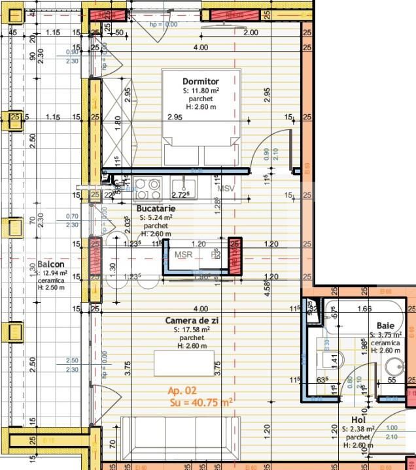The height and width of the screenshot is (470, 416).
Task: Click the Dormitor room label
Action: (x=201, y=81)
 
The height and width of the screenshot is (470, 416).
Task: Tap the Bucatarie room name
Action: (x=157, y=208)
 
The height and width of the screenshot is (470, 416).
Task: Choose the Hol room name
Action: (x=358, y=420)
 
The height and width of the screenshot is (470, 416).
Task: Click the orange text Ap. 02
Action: (x=182, y=390)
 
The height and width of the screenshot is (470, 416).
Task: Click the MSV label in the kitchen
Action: (x=226, y=189)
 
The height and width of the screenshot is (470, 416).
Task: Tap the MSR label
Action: (x=183, y=255)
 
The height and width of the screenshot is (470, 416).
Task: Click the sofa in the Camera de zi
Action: (x=176, y=439)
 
